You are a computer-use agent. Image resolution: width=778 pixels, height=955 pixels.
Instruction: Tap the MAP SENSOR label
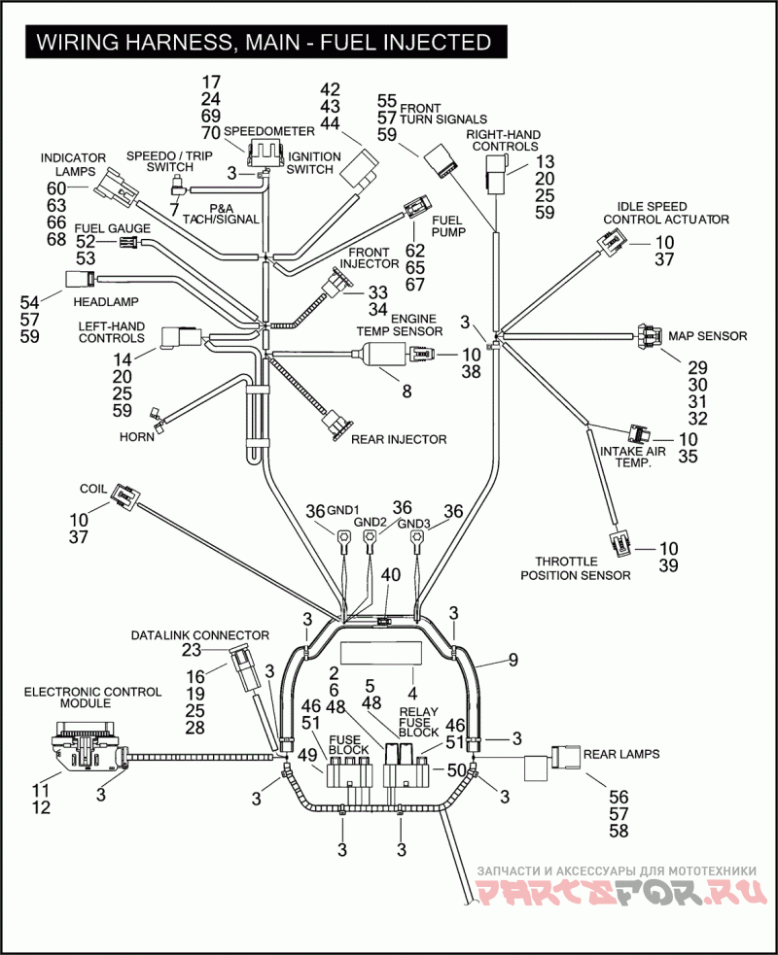pos(707,336)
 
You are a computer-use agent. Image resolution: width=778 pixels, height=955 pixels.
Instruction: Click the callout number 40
pos(390,575)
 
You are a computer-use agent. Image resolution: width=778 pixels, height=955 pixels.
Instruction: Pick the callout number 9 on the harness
pos(512,662)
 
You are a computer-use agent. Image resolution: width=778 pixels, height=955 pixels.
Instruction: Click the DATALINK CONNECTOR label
pos(199,635)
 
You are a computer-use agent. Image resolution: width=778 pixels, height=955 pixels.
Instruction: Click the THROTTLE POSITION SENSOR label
pos(575,568)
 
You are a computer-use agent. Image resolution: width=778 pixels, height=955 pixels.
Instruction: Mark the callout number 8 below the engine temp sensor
pos(407,392)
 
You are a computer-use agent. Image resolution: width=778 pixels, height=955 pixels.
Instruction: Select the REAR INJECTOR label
pos(398,439)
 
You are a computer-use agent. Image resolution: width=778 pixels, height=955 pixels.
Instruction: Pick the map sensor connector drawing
pos(648,336)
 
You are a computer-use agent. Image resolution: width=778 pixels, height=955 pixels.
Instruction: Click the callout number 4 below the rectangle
pos(412,694)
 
